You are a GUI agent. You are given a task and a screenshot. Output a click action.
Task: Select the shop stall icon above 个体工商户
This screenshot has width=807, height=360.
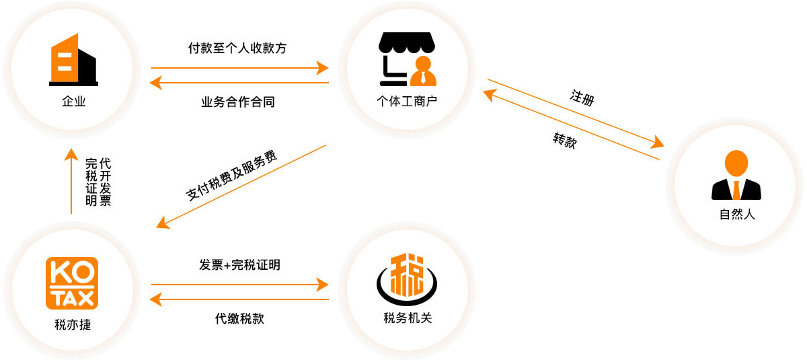408,59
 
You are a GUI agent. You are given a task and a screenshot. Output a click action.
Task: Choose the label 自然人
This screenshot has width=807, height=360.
737,215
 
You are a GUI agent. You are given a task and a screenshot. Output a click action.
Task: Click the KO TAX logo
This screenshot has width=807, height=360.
71,283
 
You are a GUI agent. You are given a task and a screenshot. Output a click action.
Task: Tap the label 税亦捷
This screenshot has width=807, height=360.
73,324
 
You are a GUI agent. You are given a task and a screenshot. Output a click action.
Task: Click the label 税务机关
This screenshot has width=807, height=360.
408,318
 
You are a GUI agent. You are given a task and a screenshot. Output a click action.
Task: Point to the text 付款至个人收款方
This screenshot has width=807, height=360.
237,48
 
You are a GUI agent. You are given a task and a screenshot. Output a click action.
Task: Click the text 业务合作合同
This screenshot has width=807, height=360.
237,102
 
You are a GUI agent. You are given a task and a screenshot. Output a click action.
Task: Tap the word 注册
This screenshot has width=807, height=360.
582,97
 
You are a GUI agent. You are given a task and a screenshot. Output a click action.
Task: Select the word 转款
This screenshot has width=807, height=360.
564,140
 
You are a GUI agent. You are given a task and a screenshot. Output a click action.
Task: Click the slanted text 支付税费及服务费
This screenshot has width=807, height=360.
231,175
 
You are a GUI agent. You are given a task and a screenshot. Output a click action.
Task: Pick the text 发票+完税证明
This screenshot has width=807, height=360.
239,265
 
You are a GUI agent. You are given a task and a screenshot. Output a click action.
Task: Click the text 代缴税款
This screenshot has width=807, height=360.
239,318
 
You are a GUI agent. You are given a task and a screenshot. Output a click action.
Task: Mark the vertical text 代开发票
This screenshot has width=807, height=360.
105,182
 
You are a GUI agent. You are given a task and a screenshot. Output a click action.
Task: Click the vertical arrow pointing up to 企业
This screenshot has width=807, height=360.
71,182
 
